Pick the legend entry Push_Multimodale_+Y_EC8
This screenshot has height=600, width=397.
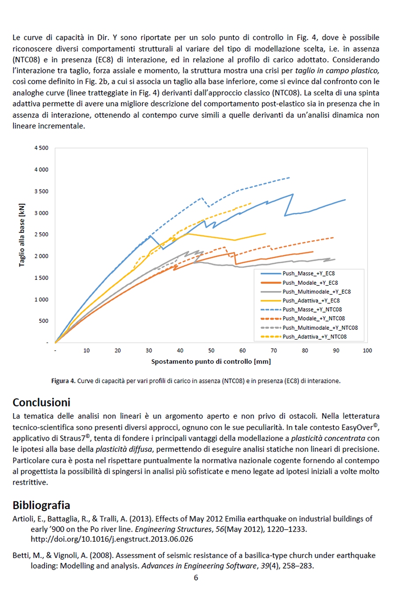[x=316, y=292]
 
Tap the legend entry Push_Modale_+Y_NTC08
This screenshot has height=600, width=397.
[x=314, y=319]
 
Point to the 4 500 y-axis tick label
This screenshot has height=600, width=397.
[x=41, y=148]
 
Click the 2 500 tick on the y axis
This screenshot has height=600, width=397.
[x=41, y=235]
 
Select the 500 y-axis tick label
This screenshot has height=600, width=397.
[x=44, y=321]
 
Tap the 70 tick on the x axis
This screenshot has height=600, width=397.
[x=274, y=351]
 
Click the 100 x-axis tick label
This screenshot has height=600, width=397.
[x=367, y=351]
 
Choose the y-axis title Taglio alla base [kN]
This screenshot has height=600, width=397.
[x=22, y=235]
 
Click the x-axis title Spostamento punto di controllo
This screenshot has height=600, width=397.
[x=211, y=362]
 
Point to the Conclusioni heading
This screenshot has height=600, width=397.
[x=41, y=403]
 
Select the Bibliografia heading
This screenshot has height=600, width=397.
[x=41, y=506]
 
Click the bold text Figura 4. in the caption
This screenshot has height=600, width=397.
[x=63, y=381]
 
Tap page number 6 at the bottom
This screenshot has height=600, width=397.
[x=196, y=577]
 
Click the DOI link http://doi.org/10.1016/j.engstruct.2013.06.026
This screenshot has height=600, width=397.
[x=112, y=539]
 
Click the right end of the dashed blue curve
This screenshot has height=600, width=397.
[x=290, y=177]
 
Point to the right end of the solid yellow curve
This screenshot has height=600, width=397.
[x=266, y=234]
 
